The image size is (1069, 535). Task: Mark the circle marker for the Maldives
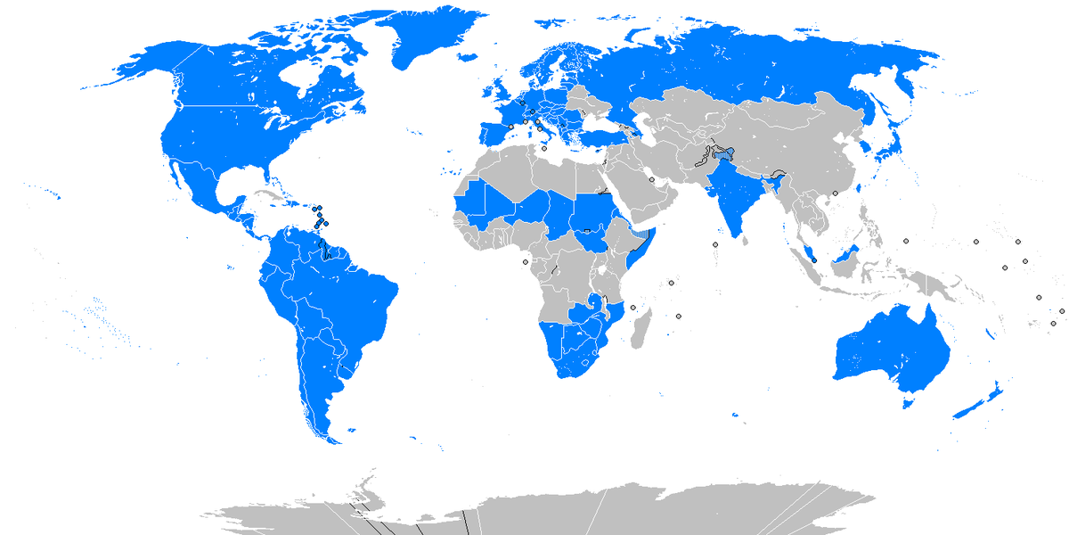tap(715, 244)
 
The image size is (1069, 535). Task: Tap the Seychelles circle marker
tap(671, 284)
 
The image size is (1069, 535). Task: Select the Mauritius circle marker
tap(679, 316)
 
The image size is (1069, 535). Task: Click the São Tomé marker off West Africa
tap(524, 261)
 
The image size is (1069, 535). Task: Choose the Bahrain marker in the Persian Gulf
tap(652, 180)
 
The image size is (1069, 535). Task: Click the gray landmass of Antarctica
tap(579, 513)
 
